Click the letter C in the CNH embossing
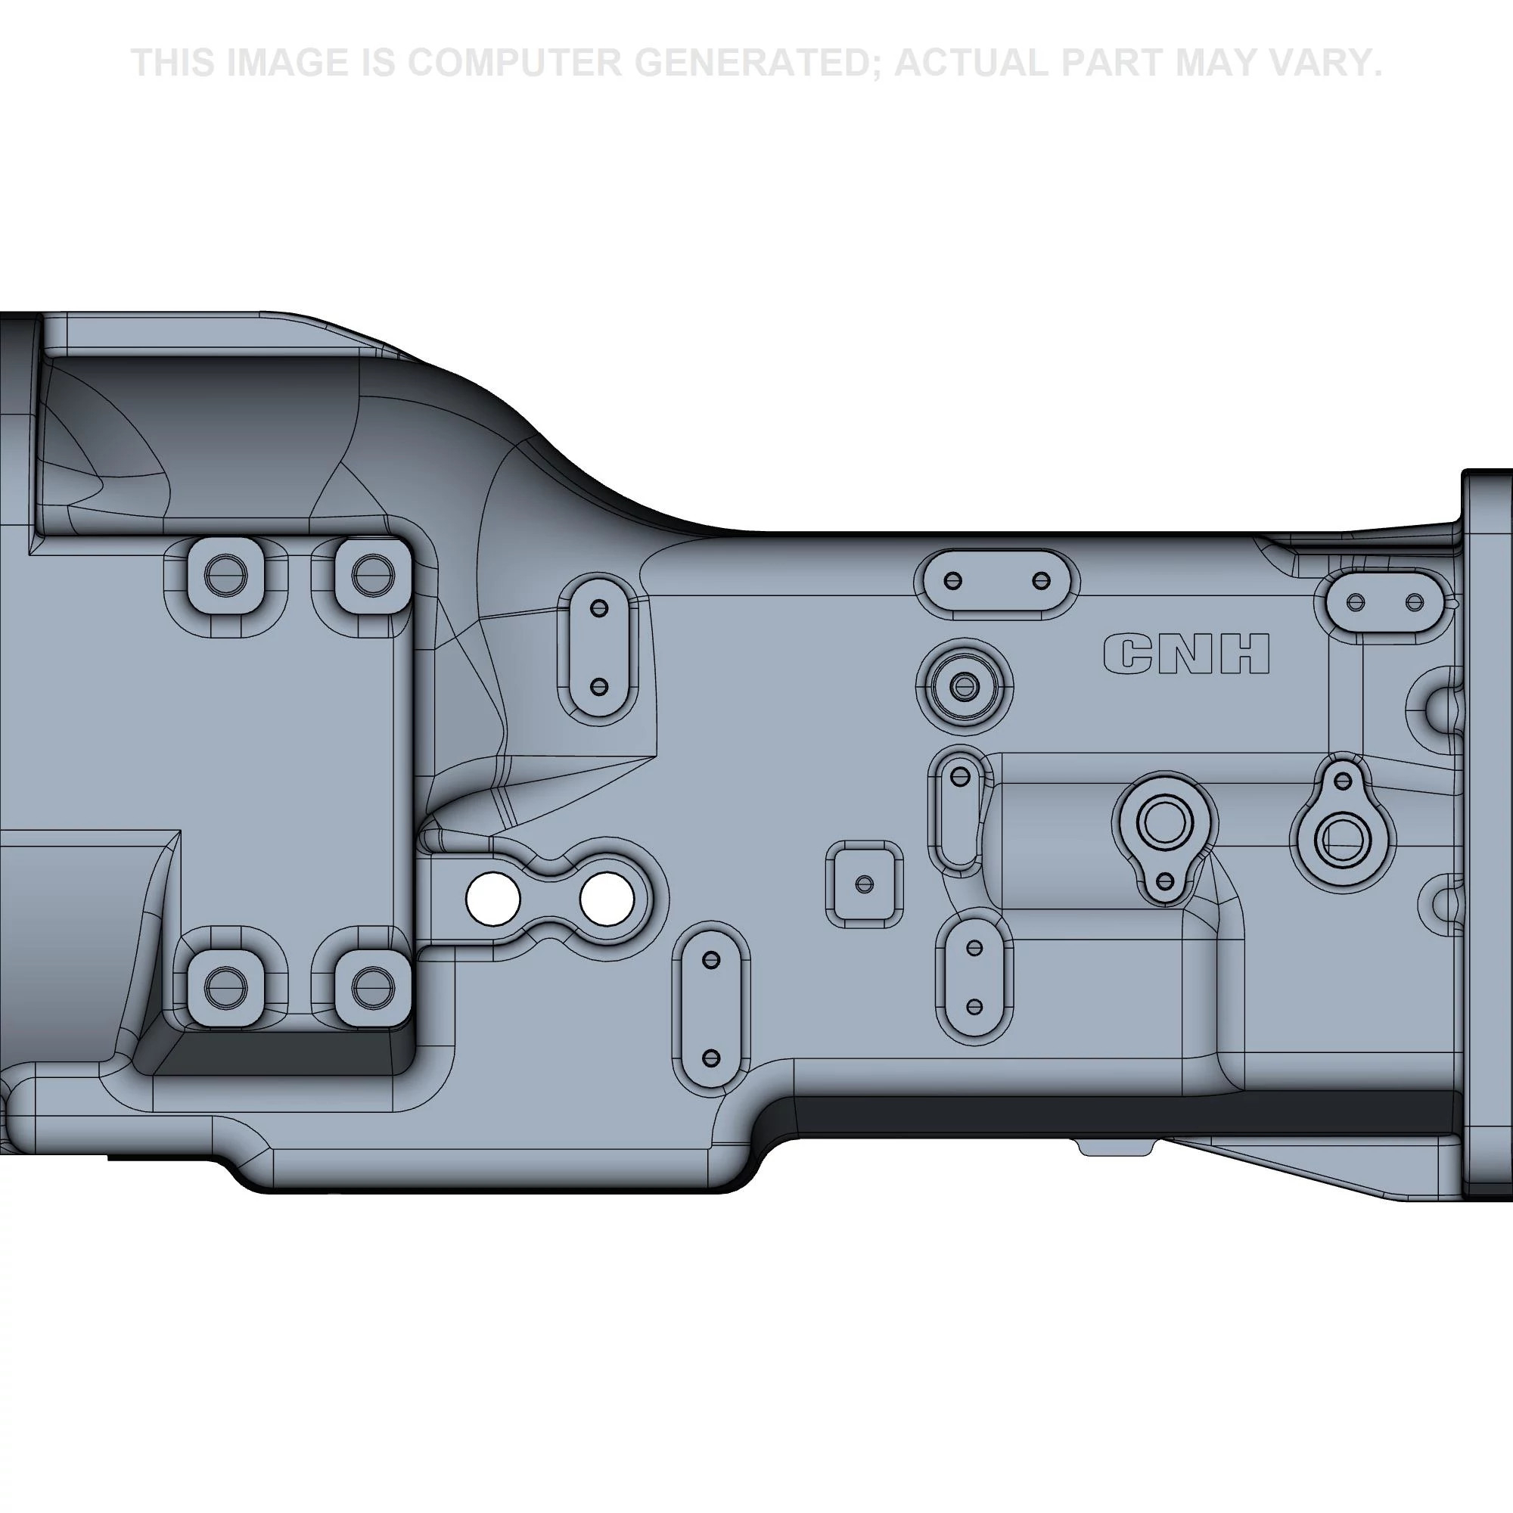(x=1129, y=653)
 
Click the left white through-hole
(x=492, y=899)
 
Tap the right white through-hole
(x=607, y=899)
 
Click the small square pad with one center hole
(x=865, y=884)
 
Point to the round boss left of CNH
(x=964, y=687)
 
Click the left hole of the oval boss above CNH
(x=953, y=580)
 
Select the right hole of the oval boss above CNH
(x=1041, y=580)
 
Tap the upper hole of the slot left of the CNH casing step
(x=599, y=607)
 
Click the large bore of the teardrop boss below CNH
(x=1164, y=822)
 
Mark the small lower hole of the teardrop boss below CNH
(x=1165, y=881)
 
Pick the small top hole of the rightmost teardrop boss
(x=1343, y=781)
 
